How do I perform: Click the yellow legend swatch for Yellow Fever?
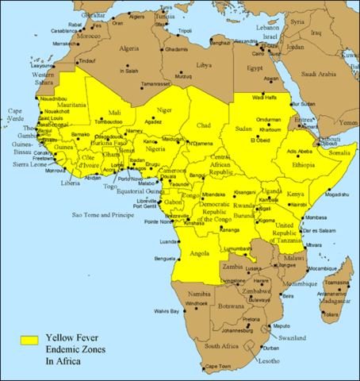(29, 340)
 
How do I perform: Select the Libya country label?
(205, 64)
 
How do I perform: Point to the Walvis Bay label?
(166, 310)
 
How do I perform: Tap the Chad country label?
(204, 125)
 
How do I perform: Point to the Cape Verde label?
(16, 114)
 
